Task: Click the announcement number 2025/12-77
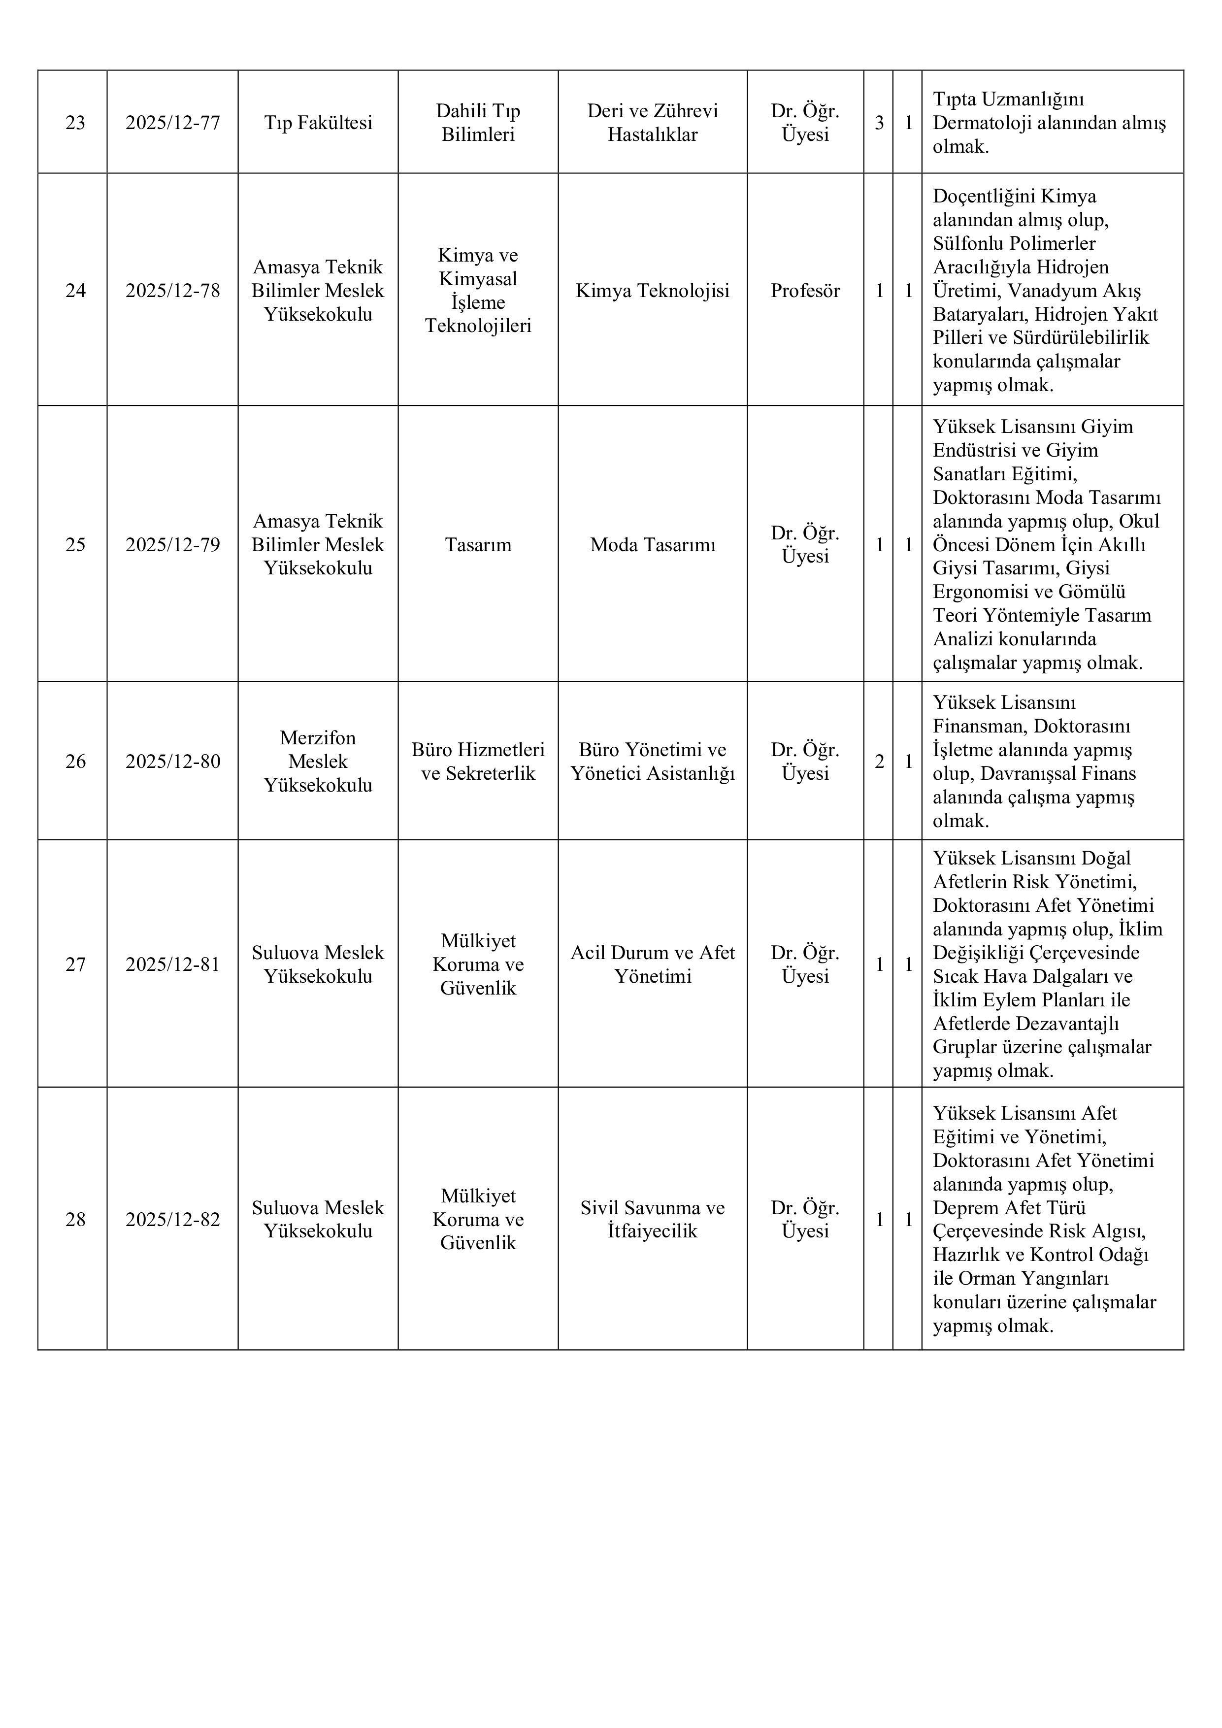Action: [172, 123]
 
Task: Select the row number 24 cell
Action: [75, 291]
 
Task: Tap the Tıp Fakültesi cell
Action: [318, 123]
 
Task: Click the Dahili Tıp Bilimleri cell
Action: [478, 123]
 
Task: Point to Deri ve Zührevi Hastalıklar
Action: [653, 123]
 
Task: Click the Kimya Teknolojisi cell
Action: [653, 291]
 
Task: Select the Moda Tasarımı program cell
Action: [653, 545]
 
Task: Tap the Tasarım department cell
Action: [478, 545]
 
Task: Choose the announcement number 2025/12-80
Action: [172, 762]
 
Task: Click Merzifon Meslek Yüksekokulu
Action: [318, 762]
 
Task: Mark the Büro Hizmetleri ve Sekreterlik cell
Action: [478, 762]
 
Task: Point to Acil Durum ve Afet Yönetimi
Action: [653, 964]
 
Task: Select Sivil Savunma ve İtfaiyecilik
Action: [653, 1219]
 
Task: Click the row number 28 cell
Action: [75, 1219]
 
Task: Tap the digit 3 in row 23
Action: [879, 123]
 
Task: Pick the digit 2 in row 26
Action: [879, 762]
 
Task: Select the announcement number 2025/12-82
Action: [172, 1219]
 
